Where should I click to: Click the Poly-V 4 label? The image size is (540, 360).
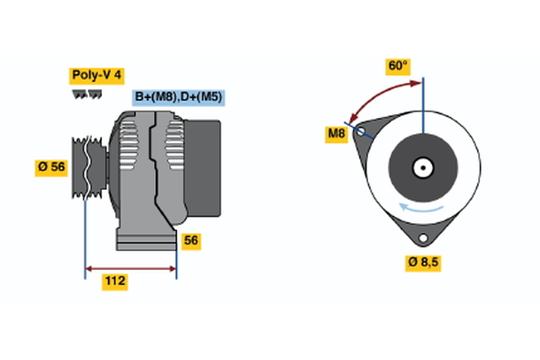[x=97, y=76]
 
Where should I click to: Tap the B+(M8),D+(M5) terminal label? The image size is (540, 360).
[x=177, y=96]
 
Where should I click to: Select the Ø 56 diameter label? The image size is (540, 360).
[x=52, y=167]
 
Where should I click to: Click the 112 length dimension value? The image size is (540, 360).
[x=114, y=282]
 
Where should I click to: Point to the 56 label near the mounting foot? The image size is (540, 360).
[x=190, y=240]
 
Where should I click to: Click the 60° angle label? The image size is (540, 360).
[x=397, y=66]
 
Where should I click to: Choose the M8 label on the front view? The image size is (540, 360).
[x=336, y=135]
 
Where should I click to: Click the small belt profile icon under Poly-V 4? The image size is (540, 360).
[x=86, y=93]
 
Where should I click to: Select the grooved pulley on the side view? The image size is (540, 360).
[x=88, y=166]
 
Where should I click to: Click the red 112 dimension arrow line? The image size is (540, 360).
[x=130, y=268]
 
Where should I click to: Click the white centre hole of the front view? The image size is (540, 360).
[x=421, y=166]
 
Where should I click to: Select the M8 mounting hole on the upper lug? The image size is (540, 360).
[x=361, y=131]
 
